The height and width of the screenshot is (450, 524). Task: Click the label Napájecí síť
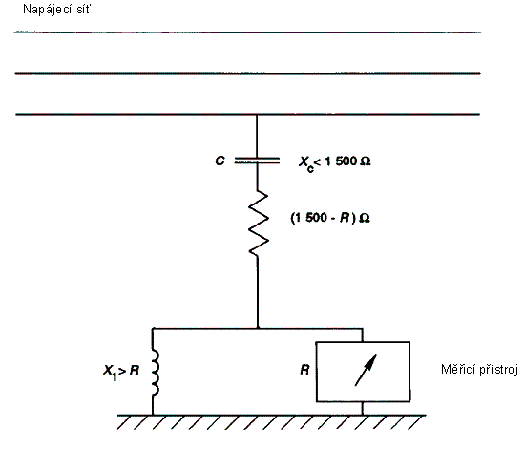pyautogui.click(x=56, y=10)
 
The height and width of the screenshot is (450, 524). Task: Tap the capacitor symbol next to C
pyautogui.click(x=257, y=161)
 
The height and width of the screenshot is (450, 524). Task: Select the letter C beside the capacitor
pyautogui.click(x=220, y=161)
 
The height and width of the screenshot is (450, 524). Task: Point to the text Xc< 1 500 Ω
pyautogui.click(x=334, y=163)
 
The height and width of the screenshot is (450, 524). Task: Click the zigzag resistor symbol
pyautogui.click(x=258, y=224)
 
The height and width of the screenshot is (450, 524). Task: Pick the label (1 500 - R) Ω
pyautogui.click(x=330, y=218)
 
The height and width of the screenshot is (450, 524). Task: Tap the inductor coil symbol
pyautogui.click(x=155, y=372)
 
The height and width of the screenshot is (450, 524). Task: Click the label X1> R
pyautogui.click(x=121, y=372)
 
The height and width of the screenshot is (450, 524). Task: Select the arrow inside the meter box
pyautogui.click(x=366, y=370)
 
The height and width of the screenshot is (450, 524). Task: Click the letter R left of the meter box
pyautogui.click(x=304, y=370)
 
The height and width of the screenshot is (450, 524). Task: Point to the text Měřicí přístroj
pyautogui.click(x=479, y=370)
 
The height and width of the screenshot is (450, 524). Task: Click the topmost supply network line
pyautogui.click(x=247, y=32)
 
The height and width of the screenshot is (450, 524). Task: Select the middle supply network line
pyautogui.click(x=247, y=73)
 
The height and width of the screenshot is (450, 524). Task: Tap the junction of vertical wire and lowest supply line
pyautogui.click(x=257, y=115)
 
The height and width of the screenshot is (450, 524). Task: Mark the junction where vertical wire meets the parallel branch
pyautogui.click(x=258, y=329)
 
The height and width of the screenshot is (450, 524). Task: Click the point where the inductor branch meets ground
pyautogui.click(x=153, y=416)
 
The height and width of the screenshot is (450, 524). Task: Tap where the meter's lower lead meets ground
pyautogui.click(x=363, y=416)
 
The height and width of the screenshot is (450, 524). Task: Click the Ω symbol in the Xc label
pyautogui.click(x=366, y=161)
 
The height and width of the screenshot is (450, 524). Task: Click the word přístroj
pyautogui.click(x=498, y=370)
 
